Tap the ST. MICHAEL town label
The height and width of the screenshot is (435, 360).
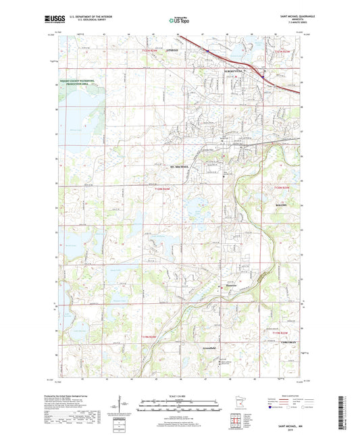click(x=178, y=165)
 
